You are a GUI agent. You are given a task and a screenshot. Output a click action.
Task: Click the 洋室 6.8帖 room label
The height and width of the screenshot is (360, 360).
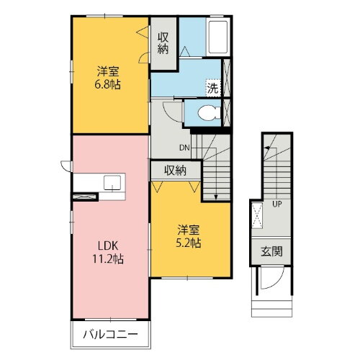point(109,78)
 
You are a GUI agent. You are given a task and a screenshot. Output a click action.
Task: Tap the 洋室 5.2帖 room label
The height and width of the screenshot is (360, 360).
point(191,236)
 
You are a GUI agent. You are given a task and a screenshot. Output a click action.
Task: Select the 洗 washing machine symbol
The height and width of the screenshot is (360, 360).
point(212,89)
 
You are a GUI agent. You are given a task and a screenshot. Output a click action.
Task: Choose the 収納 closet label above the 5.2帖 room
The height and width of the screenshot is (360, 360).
point(175,171)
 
